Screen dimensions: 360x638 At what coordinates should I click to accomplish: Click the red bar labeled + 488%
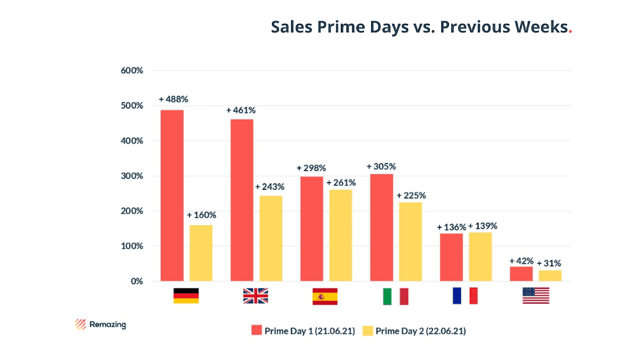172,195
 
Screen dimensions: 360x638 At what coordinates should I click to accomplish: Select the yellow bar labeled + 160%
201,252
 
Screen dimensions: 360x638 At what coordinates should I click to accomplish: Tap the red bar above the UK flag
242,200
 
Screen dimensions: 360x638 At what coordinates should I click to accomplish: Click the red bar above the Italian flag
381,227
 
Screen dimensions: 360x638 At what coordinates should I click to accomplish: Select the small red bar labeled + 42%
521,274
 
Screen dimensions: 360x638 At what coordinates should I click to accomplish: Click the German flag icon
186,296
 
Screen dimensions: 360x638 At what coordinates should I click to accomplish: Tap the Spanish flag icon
325,296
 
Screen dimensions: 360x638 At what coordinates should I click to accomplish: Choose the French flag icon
465,296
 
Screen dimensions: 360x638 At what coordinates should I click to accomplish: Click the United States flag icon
535,296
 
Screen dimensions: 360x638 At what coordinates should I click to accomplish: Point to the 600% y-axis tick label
132,71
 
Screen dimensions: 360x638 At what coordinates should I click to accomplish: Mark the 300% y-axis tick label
132,176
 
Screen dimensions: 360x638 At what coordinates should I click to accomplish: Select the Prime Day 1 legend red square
256,330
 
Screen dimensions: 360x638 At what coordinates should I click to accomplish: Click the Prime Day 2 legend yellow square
367,330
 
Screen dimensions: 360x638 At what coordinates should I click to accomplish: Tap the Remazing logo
100,325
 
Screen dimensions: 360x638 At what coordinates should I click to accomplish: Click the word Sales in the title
291,27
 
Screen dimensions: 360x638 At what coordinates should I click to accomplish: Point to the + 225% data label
411,195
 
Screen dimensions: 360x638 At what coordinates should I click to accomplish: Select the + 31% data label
549,263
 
